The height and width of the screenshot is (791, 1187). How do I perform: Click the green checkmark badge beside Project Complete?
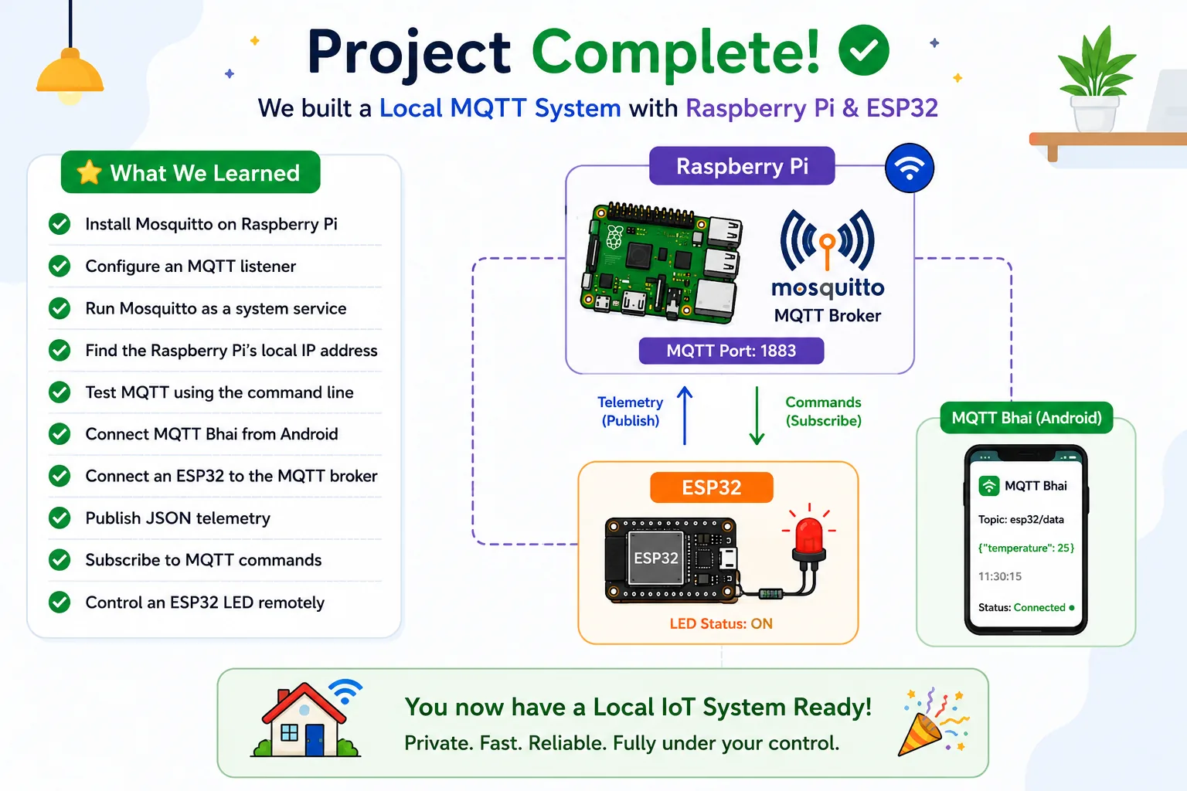(864, 49)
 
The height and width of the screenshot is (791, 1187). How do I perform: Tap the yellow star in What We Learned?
(89, 172)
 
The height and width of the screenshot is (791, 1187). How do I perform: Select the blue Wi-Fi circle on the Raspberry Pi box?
(910, 168)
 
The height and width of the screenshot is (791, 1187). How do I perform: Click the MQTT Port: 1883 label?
(731, 351)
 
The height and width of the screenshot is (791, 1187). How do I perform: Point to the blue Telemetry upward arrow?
(685, 416)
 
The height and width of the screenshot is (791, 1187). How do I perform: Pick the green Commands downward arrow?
(757, 416)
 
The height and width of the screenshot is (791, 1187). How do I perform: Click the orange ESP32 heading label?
(712, 487)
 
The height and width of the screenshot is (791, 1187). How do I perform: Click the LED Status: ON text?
(721, 623)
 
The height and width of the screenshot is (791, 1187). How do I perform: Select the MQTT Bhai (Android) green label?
(1026, 418)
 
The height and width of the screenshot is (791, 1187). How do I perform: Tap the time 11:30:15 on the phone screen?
(999, 576)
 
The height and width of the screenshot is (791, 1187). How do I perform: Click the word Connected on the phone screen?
(1039, 608)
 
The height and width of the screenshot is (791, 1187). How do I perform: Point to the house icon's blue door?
(315, 739)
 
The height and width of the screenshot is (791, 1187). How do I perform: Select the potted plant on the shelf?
(1095, 80)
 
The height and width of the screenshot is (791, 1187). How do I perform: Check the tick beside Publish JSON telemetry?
(60, 518)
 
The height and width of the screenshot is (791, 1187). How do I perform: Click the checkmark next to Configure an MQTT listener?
(60, 266)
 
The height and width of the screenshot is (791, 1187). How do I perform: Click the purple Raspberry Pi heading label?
(742, 166)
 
